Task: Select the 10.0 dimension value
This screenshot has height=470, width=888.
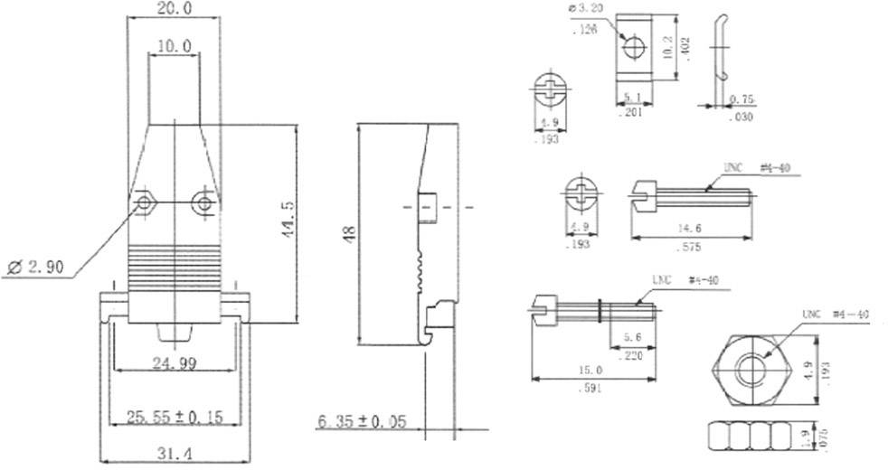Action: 174,45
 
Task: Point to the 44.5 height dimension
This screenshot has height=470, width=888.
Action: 288,220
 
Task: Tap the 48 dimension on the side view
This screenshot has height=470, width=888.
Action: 349,231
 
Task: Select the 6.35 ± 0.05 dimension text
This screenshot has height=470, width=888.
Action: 362,421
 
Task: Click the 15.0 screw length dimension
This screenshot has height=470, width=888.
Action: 589,370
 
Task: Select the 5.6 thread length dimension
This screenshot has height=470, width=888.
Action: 632,339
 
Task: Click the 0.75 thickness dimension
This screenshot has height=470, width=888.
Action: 742,99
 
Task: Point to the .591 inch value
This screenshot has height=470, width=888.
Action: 588,388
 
